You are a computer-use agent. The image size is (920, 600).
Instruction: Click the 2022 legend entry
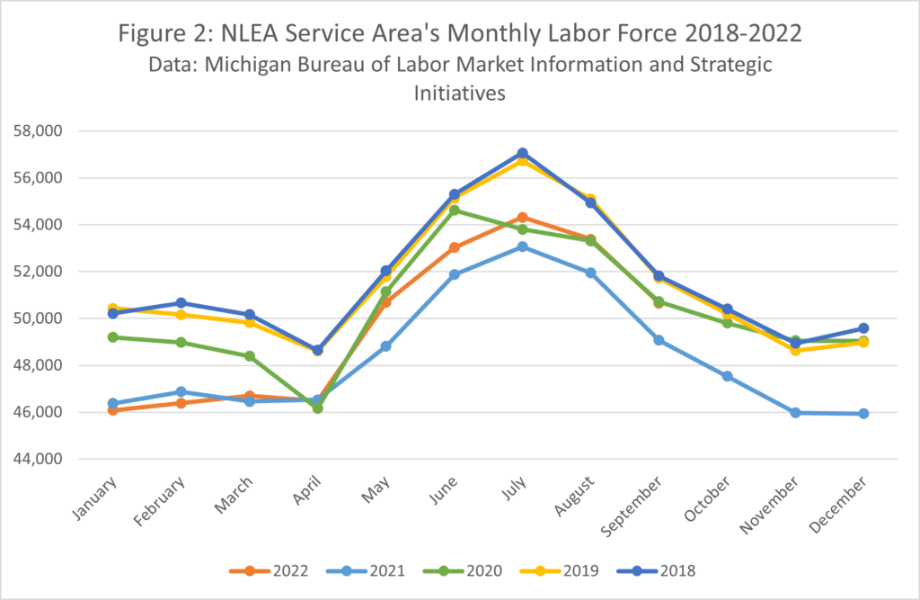pyautogui.click(x=276, y=570)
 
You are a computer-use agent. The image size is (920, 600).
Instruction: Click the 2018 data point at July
pyautogui.click(x=523, y=154)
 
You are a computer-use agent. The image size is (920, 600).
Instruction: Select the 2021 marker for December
pyautogui.click(x=863, y=414)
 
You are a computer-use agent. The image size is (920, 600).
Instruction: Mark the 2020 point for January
pyautogui.click(x=113, y=337)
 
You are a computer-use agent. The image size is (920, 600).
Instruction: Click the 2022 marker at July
pyautogui.click(x=523, y=218)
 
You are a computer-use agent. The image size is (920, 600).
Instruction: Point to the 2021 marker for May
pyautogui.click(x=386, y=346)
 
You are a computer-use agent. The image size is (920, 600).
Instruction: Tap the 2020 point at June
pyautogui.click(x=455, y=210)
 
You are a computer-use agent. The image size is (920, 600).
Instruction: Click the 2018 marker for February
pyautogui.click(x=181, y=303)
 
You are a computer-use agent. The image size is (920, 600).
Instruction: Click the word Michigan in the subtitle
pyautogui.click(x=276, y=67)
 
